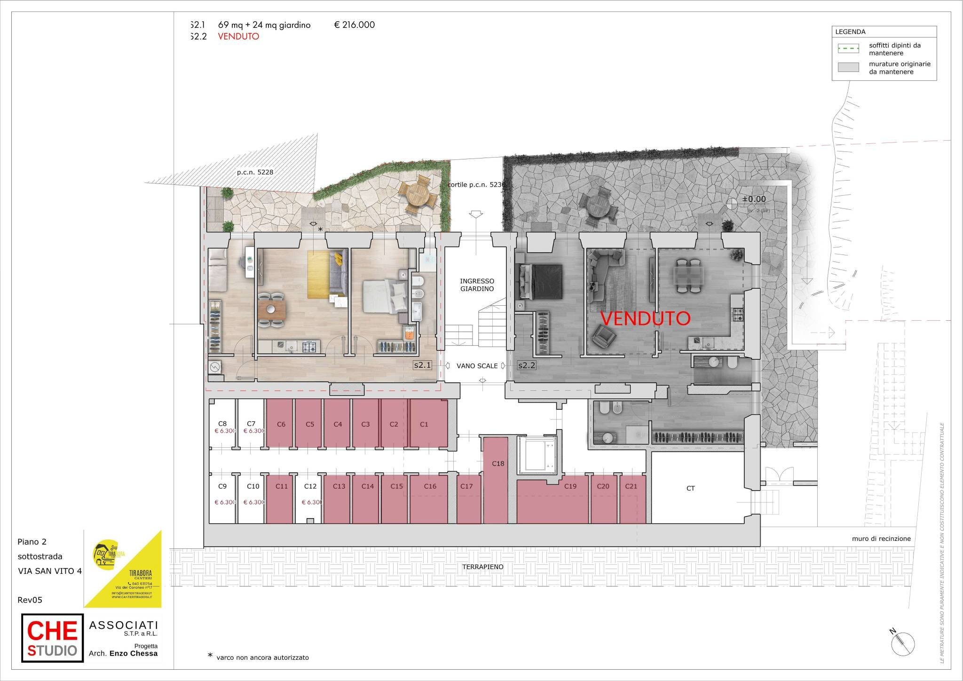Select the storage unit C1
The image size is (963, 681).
(424, 424)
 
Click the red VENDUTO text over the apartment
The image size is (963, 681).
(645, 318)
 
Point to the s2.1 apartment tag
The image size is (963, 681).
(422, 365)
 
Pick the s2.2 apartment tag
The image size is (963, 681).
(527, 365)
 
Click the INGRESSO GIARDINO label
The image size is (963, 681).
(477, 285)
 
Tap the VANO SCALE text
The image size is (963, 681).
(477, 365)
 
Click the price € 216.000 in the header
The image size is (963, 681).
(354, 25)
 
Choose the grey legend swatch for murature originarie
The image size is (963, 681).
(848, 67)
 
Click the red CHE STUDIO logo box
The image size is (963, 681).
(52, 637)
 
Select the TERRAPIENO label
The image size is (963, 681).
(482, 567)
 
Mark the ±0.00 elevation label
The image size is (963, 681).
(754, 199)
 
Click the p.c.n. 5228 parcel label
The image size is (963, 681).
(255, 172)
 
